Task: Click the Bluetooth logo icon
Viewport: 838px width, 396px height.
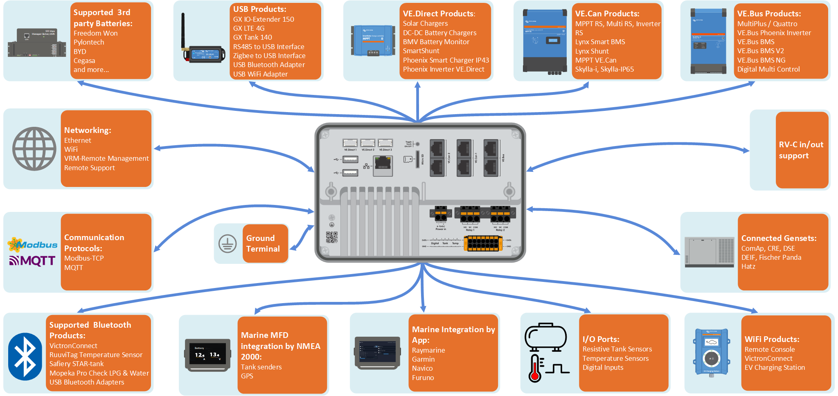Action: point(25,356)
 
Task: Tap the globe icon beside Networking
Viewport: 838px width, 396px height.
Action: point(34,148)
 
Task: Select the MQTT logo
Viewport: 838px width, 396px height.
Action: point(32,261)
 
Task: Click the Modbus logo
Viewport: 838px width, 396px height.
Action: point(33,245)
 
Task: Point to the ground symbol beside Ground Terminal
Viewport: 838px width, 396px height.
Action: point(227,244)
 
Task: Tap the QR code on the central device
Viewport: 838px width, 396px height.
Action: point(331,237)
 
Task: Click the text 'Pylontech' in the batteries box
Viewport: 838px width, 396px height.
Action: point(89,42)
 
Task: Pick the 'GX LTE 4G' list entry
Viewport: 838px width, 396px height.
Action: point(249,28)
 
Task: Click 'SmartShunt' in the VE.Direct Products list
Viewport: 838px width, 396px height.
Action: point(421,51)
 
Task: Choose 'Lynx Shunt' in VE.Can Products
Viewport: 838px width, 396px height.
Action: point(592,51)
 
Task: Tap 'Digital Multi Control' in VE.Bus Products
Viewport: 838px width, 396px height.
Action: point(768,69)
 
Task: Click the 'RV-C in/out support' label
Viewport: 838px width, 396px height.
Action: point(801,150)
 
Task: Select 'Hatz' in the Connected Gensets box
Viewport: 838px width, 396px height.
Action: point(748,266)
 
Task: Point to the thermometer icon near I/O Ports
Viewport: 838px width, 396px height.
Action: point(535,368)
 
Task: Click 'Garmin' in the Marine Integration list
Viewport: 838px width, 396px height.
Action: point(423,359)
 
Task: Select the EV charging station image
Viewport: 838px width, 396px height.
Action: point(711,352)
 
